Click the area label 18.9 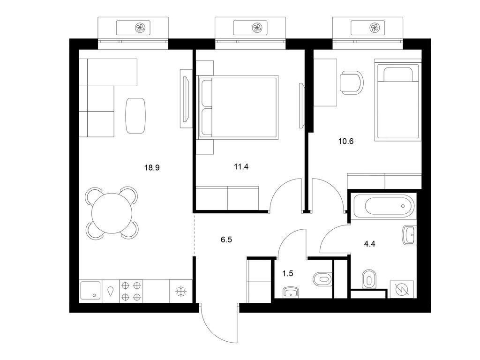coord(153,166)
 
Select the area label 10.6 coord(345,140)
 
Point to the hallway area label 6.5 coord(226,239)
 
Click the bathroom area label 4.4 coord(370,243)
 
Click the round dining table coord(112,212)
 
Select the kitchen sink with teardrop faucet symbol coord(111,291)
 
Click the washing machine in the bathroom coord(401,289)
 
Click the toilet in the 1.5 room coord(321,279)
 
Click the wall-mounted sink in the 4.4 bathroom coord(408,235)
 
